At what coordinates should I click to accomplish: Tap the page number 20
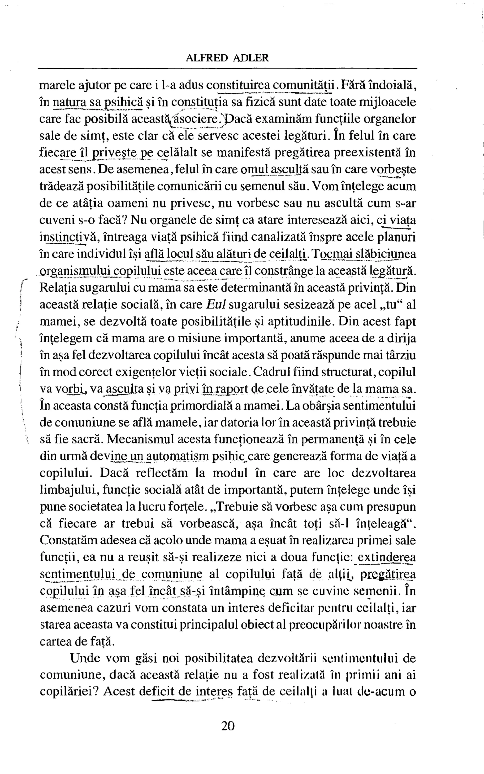(228, 726)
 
